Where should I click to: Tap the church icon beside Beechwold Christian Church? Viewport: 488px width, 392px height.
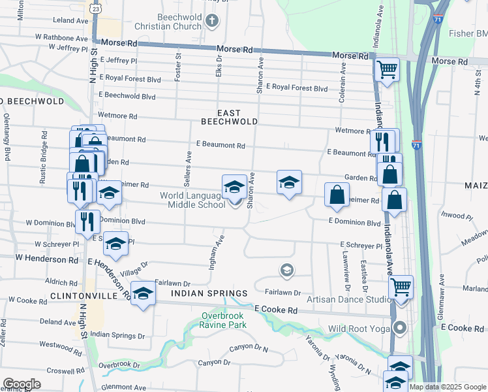(x=211, y=21)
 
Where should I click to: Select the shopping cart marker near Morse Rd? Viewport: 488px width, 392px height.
(x=388, y=69)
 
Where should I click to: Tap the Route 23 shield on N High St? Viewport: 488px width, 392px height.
(x=96, y=9)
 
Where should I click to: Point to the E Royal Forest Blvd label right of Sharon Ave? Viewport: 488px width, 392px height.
(x=299, y=88)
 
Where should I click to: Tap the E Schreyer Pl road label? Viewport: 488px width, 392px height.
(x=361, y=246)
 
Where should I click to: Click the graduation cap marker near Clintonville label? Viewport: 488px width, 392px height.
(x=143, y=293)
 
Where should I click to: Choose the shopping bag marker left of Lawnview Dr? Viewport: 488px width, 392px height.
(x=337, y=195)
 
